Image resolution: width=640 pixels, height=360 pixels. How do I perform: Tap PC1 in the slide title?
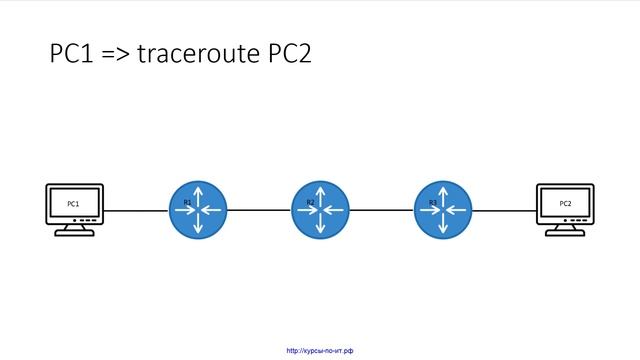click(x=72, y=54)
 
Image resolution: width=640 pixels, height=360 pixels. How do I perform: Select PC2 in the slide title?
click(x=288, y=54)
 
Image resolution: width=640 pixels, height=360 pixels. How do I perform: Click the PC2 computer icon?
click(x=565, y=204)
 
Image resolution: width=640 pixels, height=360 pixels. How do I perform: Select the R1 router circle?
click(x=198, y=210)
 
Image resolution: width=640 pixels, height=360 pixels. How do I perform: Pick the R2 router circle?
click(x=321, y=210)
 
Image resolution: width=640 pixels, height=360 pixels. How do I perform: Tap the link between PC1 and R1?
click(x=136, y=211)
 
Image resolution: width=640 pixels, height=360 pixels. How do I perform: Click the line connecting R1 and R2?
click(x=259, y=211)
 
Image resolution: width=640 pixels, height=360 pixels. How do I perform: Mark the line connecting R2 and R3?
click(x=382, y=211)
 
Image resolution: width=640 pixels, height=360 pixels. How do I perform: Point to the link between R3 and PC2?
click(x=505, y=211)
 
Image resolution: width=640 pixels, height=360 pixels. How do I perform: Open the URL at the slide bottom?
click(x=320, y=351)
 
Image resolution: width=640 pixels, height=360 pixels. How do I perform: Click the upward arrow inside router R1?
click(x=198, y=192)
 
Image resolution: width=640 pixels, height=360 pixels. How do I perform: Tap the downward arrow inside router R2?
click(x=321, y=228)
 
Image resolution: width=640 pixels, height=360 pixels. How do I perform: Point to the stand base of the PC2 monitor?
click(x=565, y=232)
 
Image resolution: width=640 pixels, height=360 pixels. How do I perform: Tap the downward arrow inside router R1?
click(x=198, y=228)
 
